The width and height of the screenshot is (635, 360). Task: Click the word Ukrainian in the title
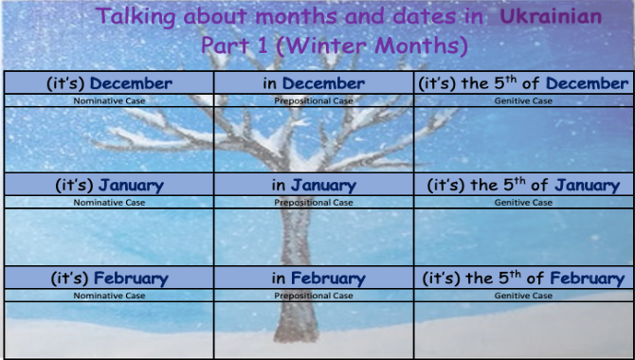coord(551,17)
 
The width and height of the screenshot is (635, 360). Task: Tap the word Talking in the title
coord(136,17)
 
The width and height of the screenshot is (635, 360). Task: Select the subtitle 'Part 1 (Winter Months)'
coord(335,45)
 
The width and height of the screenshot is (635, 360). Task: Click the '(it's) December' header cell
coord(109,83)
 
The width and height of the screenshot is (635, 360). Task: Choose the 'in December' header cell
coord(314,83)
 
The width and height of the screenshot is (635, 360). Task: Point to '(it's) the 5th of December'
coord(523,83)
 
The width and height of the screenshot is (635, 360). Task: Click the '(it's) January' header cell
coord(109,186)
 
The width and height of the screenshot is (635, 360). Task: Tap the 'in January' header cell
coord(314,186)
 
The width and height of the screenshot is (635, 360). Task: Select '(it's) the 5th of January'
coord(523,185)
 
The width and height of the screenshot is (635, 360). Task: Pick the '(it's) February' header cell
coord(109,279)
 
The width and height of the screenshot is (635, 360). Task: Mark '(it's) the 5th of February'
coord(523,279)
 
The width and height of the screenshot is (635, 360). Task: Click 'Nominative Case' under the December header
coord(109,100)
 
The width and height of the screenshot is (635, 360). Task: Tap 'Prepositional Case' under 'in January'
coord(314,203)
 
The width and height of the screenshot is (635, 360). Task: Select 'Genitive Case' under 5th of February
coord(523,296)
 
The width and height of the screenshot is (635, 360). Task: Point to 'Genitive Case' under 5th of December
coord(523,100)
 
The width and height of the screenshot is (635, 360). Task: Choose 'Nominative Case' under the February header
coord(109,296)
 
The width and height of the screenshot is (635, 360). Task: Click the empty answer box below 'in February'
coord(314,330)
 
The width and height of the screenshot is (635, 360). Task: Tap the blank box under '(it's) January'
coord(109,237)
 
